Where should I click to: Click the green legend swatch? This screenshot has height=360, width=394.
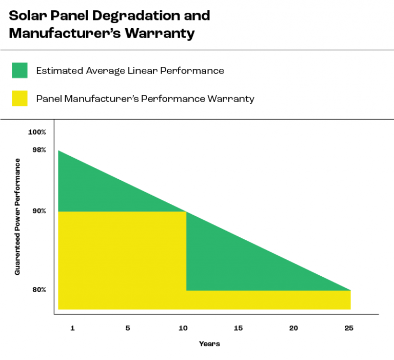tap(19, 70)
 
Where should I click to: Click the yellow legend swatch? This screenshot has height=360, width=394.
tap(19, 99)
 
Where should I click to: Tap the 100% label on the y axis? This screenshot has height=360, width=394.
tap(37, 132)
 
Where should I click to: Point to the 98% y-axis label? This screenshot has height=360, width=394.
tap(40, 149)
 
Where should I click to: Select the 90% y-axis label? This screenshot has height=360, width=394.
tap(40, 211)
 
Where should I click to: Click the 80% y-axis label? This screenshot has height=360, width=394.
tap(40, 290)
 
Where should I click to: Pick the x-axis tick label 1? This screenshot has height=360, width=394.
tap(72, 328)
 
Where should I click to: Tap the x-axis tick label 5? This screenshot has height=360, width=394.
tap(127, 328)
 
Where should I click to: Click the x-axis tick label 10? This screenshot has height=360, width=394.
tap(183, 328)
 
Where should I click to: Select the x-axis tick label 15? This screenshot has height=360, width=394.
tap(238, 328)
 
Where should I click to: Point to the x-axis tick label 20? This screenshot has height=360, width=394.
tap(293, 328)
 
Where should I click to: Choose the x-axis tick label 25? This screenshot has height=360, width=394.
tap(348, 328)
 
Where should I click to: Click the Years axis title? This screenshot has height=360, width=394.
tap(209, 344)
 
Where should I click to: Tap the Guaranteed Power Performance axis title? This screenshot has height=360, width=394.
tap(17, 217)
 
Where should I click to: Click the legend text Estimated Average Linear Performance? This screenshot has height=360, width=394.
tap(130, 71)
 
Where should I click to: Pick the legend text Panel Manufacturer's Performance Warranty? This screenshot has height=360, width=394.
tap(145, 99)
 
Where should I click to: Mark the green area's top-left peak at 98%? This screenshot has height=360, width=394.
tap(59, 151)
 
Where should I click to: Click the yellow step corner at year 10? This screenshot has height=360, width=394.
tap(186, 212)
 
